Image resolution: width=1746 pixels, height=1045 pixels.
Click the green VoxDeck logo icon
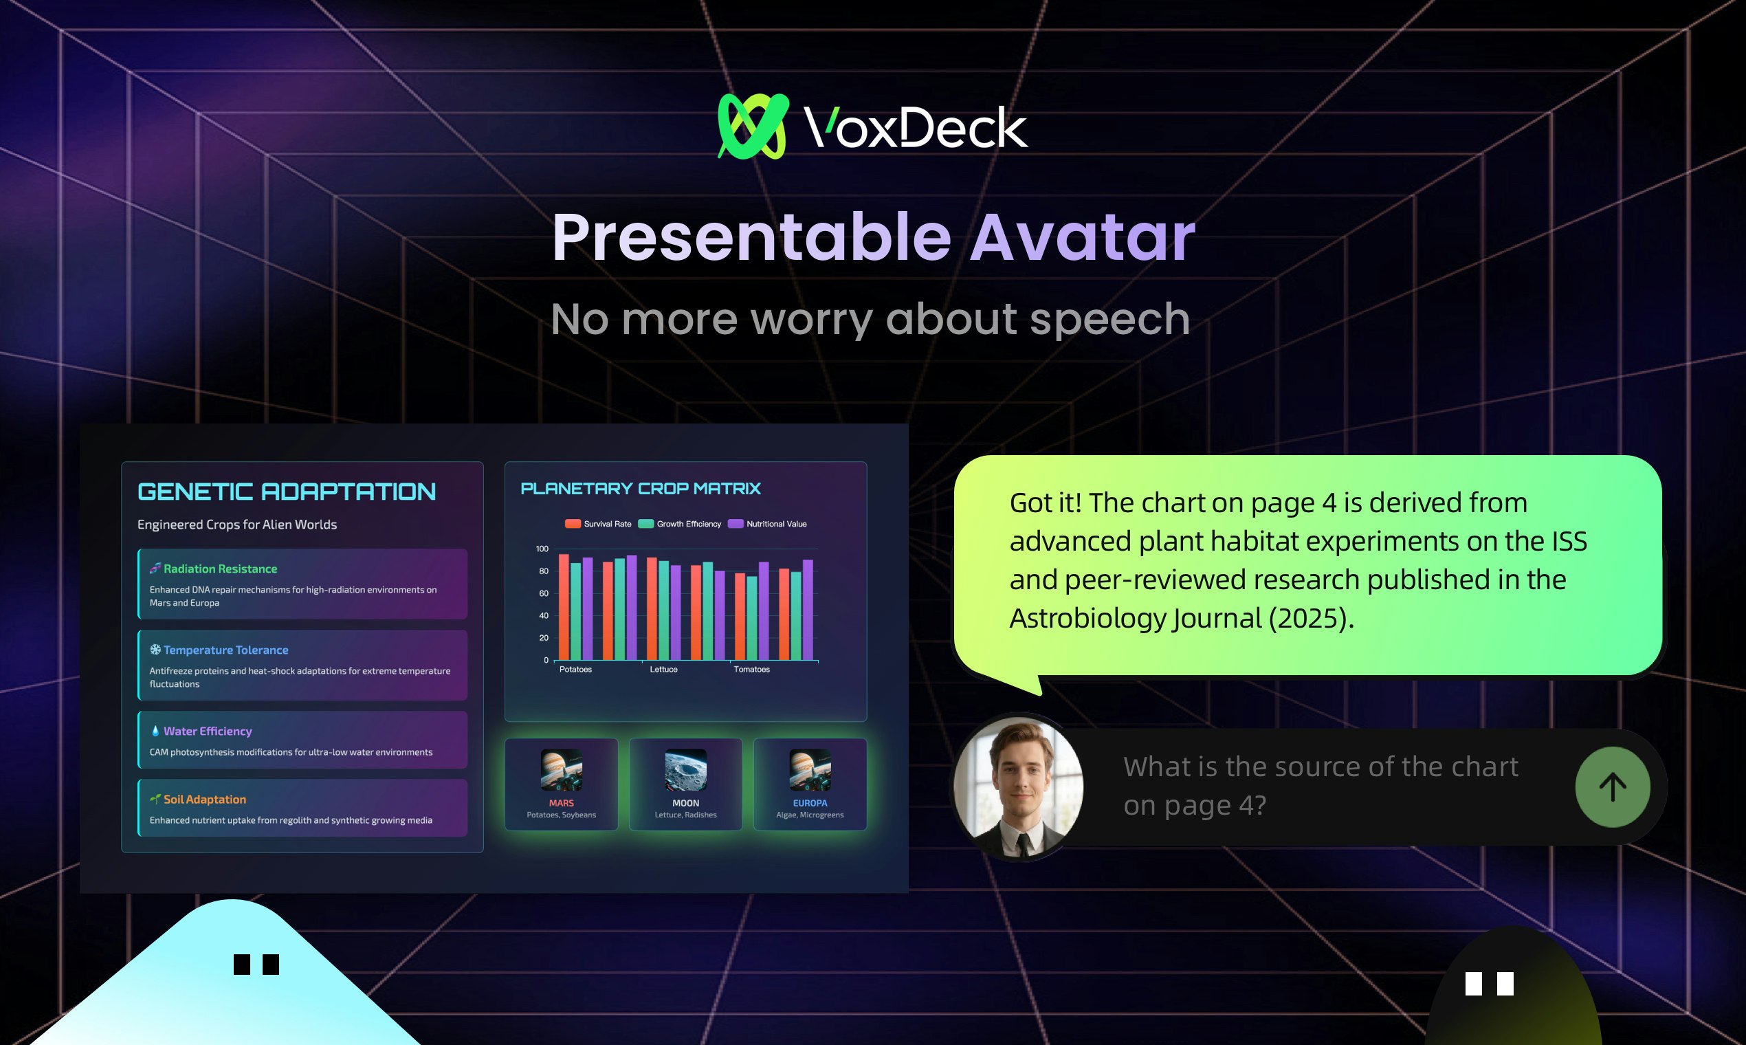click(753, 126)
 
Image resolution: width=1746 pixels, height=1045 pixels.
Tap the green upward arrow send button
click(1612, 786)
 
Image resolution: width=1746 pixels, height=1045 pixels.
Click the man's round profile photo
click(1018, 786)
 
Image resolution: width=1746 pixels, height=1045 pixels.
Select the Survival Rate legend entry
click(598, 524)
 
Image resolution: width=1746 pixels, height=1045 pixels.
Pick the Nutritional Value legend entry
click(767, 524)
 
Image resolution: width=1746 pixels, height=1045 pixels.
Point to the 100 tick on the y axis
click(542, 549)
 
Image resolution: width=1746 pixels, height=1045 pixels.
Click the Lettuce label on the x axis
click(663, 669)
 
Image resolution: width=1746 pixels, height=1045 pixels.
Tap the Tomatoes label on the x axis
click(752, 669)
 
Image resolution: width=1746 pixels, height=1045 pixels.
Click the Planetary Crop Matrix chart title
click(641, 489)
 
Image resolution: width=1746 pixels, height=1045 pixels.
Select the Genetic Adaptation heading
click(287, 492)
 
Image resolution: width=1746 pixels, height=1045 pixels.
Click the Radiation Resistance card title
click(221, 569)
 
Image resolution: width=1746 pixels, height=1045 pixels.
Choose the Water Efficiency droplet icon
click(155, 731)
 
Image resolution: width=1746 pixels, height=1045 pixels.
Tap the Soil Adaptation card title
click(205, 800)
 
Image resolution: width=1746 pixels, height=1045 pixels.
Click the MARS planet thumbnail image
click(561, 770)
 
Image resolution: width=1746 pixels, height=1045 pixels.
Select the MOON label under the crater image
click(686, 803)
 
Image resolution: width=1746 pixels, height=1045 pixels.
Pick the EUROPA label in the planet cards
click(810, 803)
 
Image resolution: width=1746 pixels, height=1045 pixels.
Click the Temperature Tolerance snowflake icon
click(155, 649)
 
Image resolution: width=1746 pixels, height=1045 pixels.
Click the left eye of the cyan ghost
click(241, 964)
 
